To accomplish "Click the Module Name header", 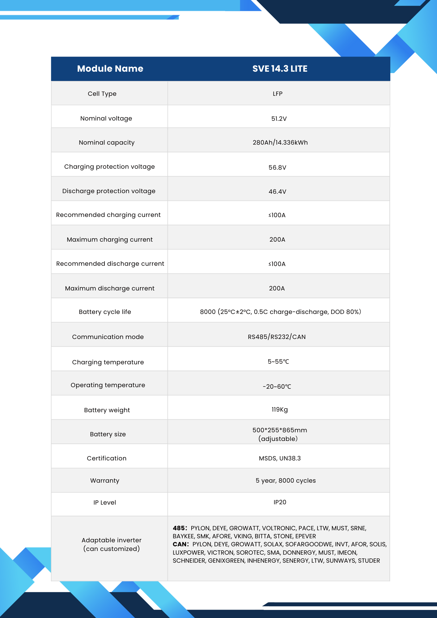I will tap(110, 69).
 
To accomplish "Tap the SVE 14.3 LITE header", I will tap(280, 69).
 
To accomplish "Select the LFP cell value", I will tap(278, 94).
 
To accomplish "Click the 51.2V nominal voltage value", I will tap(279, 119).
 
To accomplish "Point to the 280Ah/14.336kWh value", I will tap(280, 142).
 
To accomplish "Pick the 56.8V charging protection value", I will tap(277, 167).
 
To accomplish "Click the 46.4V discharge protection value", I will tap(277, 192).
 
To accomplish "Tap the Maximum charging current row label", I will tap(110, 239).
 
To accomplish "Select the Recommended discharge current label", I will tap(110, 264).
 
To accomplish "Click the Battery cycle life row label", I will tap(105, 312).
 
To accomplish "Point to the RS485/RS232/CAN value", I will tap(277, 337).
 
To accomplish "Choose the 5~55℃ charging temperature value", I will tap(278, 362).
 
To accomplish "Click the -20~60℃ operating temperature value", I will tap(277, 387).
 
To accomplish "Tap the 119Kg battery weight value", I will tap(280, 409).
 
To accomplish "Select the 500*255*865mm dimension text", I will tap(280, 430).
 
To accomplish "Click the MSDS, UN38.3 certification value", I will tap(280, 458).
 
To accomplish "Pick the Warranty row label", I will tap(105, 480).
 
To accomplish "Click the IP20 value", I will tap(280, 502).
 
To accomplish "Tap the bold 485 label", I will tap(180, 528).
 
